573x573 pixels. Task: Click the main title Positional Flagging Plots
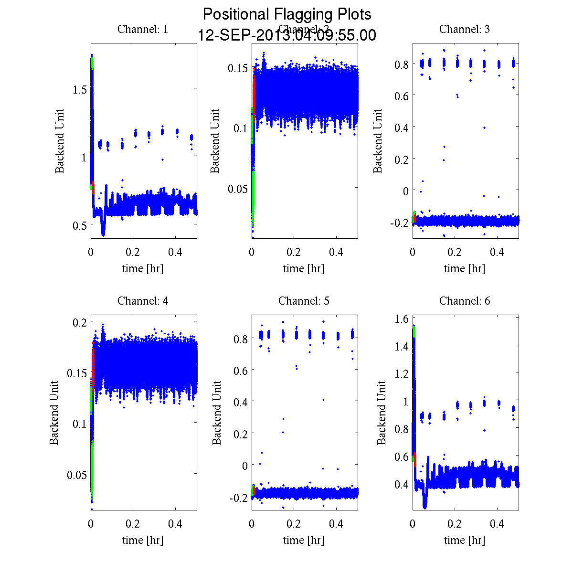pos(287,14)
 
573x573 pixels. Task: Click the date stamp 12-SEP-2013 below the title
pos(287,35)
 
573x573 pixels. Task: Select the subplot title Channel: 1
pos(143,29)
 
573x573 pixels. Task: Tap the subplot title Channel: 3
pos(465,29)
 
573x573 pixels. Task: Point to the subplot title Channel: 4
pos(143,301)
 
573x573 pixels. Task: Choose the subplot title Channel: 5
pos(304,301)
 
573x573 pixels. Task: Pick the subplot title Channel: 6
pos(465,301)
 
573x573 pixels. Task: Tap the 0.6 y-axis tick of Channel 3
pos(401,95)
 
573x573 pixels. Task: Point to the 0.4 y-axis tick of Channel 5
pos(240,402)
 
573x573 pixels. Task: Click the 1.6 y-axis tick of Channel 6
pos(401,319)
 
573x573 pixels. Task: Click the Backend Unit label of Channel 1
pos(60,141)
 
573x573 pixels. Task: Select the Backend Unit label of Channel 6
pos(382,413)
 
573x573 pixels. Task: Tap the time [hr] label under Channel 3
pos(465,268)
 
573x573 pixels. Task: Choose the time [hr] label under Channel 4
pos(143,540)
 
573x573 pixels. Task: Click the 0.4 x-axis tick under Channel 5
pos(337,524)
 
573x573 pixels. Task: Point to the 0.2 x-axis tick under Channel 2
pos(294,252)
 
